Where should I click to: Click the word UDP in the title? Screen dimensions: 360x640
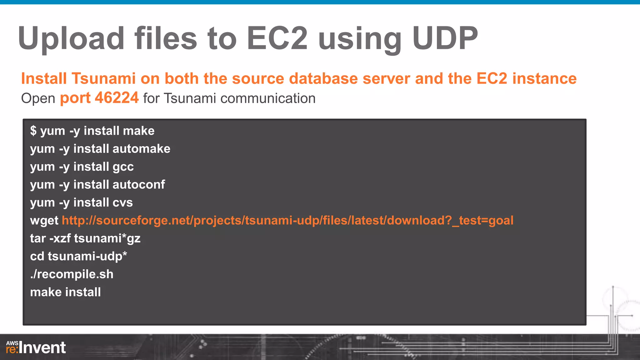pos(445,38)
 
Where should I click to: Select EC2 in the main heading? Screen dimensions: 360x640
pos(277,38)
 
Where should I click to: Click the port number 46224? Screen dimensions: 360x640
pos(117,98)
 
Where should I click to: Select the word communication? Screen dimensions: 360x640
pos(268,98)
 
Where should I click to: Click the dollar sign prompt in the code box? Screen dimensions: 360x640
pos(33,131)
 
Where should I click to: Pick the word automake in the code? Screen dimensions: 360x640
pos(141,149)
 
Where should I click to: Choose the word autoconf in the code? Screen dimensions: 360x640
pos(138,185)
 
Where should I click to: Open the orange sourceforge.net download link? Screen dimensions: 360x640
pos(287,221)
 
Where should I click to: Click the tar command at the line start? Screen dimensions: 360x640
pos(38,239)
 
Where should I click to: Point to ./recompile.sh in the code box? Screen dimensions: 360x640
pos(72,274)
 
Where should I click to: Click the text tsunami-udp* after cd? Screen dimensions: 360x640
pos(87,257)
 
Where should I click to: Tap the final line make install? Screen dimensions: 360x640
pos(65,292)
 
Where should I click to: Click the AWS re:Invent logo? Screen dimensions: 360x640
pos(36,347)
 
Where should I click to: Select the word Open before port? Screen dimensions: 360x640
pos(38,99)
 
